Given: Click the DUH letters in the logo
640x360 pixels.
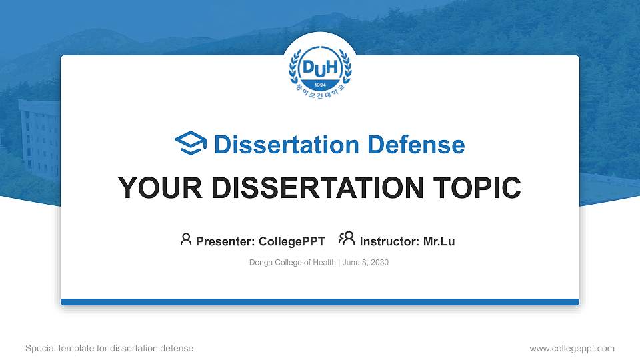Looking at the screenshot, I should (x=320, y=67).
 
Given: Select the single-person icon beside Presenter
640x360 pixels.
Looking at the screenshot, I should (x=186, y=239).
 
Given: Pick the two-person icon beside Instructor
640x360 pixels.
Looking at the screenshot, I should (x=347, y=239).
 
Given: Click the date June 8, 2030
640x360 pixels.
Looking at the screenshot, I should (x=366, y=263).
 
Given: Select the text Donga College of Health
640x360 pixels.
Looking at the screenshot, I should (x=293, y=263).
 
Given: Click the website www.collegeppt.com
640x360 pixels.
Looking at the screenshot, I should (x=572, y=348).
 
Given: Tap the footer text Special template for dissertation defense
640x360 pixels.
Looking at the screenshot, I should (x=109, y=348).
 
